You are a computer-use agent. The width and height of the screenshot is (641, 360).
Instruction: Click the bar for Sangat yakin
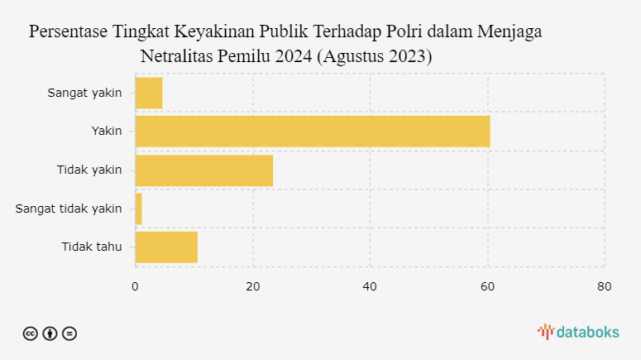coord(149,93)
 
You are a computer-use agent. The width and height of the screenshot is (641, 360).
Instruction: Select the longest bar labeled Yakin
coord(312,131)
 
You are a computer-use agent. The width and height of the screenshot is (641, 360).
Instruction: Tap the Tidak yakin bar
coord(203,170)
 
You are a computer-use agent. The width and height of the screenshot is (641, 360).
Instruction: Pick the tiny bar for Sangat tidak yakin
coord(138,209)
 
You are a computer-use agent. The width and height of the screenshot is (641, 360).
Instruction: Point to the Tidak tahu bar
coord(166,247)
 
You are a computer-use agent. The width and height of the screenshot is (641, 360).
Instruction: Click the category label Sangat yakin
coord(84,93)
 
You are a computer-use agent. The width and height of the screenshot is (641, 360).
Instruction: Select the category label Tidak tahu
coord(91,247)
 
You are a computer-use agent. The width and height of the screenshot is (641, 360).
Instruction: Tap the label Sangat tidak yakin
coord(69,209)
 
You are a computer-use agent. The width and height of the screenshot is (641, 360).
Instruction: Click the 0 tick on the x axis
coord(135,286)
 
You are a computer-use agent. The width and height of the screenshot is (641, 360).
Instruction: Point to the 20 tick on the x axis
coord(252,286)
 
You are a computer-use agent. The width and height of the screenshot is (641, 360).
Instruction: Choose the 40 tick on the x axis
coord(370,286)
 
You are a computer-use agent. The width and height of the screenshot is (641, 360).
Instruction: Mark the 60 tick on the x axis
coord(487,286)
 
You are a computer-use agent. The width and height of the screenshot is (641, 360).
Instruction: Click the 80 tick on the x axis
coord(605,286)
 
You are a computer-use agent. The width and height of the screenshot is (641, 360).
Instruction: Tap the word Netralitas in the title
coord(177,57)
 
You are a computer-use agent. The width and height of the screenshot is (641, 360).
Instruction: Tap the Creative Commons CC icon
coord(31,334)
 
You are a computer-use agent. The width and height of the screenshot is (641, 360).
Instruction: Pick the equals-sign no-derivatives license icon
coord(69,334)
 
